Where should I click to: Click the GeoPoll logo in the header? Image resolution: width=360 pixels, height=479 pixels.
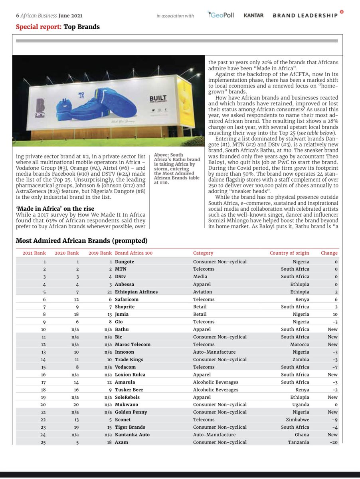click(x=221, y=15)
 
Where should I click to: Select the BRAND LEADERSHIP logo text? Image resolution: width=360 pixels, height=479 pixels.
click(x=305, y=15)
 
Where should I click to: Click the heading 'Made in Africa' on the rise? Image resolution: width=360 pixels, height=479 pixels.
click(x=55, y=209)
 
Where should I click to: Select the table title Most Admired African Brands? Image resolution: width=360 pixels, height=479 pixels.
click(x=81, y=241)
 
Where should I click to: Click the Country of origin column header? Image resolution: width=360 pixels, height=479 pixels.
click(x=289, y=253)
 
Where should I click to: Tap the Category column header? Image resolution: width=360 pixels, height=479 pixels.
click(x=203, y=253)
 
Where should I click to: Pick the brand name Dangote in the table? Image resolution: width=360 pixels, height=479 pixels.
click(x=125, y=262)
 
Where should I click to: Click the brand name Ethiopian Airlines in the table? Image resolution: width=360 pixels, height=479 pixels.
click(x=136, y=292)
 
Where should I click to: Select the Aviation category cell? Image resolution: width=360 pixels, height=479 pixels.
click(x=203, y=292)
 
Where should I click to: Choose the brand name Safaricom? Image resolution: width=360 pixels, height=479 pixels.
click(x=127, y=299)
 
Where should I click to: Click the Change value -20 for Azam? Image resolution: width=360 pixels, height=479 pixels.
click(x=333, y=442)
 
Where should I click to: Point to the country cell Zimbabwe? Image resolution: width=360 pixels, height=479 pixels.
click(x=297, y=420)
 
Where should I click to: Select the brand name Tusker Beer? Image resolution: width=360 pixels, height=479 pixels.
click(x=129, y=390)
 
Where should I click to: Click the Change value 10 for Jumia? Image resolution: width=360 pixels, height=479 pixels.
click(x=335, y=315)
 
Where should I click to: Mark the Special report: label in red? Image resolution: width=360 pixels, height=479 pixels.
click(x=39, y=27)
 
